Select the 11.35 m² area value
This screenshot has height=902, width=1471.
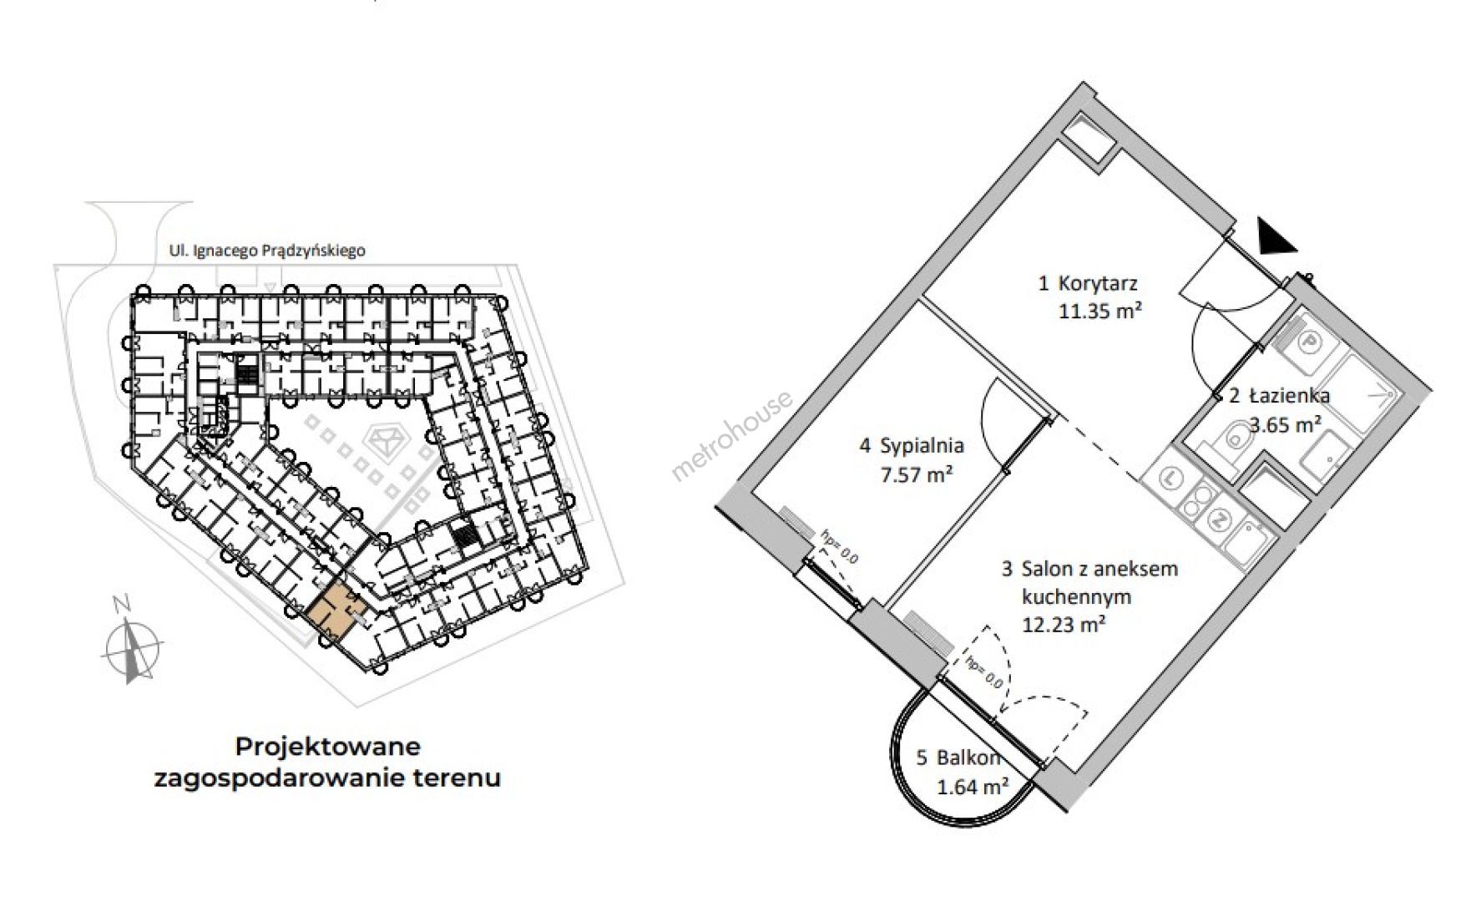point(1100,312)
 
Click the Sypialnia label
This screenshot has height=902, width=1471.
point(923,445)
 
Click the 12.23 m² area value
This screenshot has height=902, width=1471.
point(1064,624)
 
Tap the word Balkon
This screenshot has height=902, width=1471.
point(968,758)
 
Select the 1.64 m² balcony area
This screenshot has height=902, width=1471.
point(973,786)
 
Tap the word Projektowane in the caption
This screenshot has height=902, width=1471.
point(328,745)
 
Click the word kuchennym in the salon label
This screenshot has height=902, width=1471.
point(1077,596)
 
